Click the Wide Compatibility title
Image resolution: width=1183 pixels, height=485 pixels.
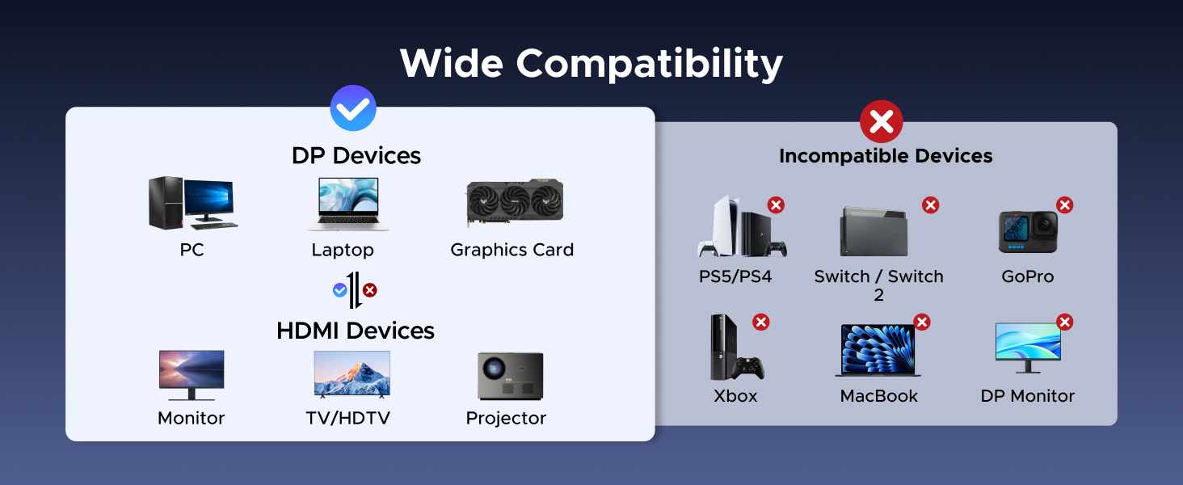click(x=591, y=64)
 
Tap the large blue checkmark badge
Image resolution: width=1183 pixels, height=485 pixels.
click(x=353, y=108)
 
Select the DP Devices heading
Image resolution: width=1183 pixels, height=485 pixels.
click(x=356, y=155)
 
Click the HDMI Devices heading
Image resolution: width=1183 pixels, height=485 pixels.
click(x=356, y=331)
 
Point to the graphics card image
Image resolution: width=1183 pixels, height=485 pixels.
click(x=515, y=204)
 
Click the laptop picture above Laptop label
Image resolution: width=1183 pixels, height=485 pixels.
click(x=343, y=205)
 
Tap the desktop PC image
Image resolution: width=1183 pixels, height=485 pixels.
click(x=192, y=203)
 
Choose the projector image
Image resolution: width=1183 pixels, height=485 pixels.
click(x=510, y=376)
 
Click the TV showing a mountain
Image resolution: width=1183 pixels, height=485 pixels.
click(x=352, y=373)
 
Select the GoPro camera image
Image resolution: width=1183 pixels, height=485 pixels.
click(x=1027, y=232)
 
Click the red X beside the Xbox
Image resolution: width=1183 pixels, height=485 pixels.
click(x=761, y=323)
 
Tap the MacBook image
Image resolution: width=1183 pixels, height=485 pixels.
click(x=878, y=351)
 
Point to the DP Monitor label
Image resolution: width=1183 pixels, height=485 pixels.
click(x=1027, y=396)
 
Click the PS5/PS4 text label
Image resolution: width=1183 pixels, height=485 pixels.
click(x=735, y=276)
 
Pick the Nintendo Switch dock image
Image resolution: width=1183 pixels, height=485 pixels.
click(x=874, y=231)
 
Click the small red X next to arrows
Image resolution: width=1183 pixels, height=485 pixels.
click(x=369, y=290)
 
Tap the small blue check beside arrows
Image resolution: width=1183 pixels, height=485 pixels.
click(x=340, y=290)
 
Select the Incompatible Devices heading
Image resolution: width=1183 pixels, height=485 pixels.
click(x=886, y=156)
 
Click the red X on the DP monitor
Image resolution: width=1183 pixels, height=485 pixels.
click(x=1065, y=323)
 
